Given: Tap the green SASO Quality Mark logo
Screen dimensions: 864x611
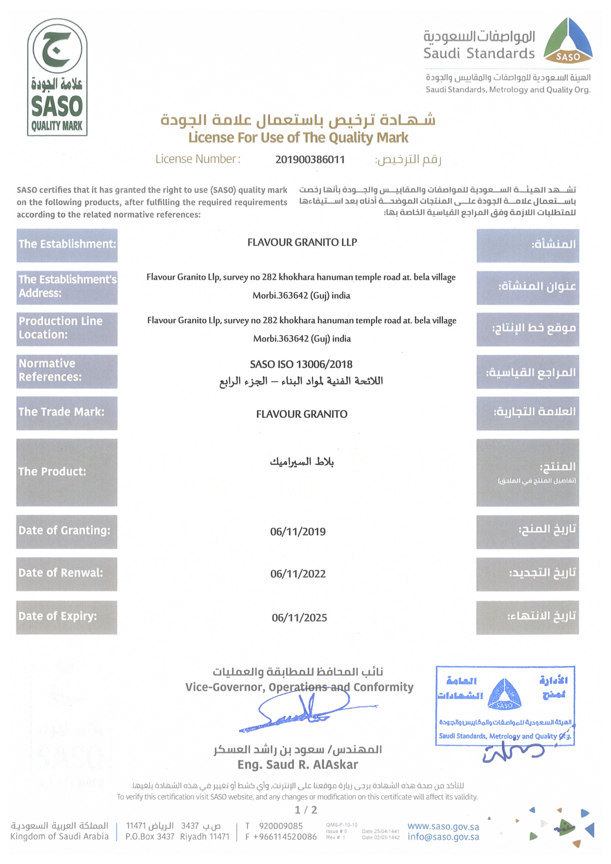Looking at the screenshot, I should pyautogui.click(x=57, y=77).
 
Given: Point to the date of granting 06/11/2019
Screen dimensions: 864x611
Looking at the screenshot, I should pyautogui.click(x=298, y=532).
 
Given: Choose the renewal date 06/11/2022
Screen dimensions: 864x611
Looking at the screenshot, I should pyautogui.click(x=298, y=574).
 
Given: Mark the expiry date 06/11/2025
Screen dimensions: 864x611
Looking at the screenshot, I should pyautogui.click(x=299, y=617).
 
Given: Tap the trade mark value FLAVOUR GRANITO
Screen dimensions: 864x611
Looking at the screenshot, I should pyautogui.click(x=302, y=414).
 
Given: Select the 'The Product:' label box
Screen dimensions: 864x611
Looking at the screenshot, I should pyautogui.click(x=67, y=472).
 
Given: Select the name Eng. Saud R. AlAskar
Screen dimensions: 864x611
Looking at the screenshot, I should pyautogui.click(x=298, y=764).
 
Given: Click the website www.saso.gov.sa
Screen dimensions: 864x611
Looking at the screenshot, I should pyautogui.click(x=443, y=827).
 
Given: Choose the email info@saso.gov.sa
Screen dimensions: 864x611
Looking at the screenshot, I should pyautogui.click(x=443, y=837).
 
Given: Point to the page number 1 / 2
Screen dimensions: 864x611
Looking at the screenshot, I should pyautogui.click(x=306, y=810).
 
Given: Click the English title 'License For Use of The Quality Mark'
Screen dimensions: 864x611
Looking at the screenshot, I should pyautogui.click(x=298, y=138).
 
